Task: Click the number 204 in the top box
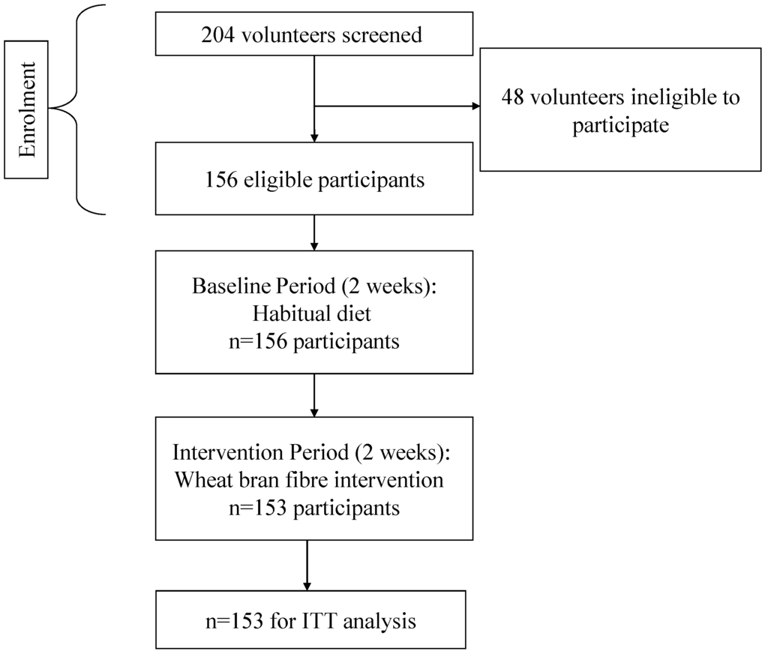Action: [x=217, y=34]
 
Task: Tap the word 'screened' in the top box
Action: [x=383, y=34]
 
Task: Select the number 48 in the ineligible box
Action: [x=513, y=97]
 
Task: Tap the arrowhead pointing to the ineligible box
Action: [x=474, y=106]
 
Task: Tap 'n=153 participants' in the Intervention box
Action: [x=314, y=507]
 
